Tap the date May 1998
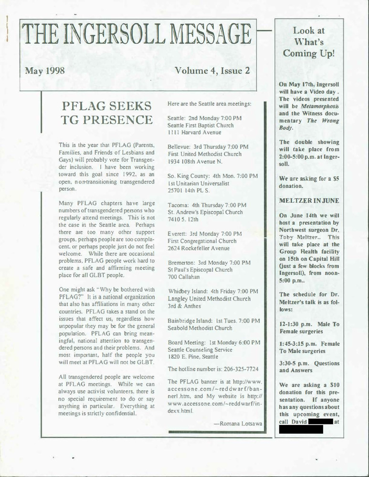[45, 72]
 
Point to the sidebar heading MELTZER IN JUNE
[309, 201]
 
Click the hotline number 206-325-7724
[235, 369]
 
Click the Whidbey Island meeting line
[213, 291]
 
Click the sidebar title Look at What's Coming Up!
[309, 42]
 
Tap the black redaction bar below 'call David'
[301, 429]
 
